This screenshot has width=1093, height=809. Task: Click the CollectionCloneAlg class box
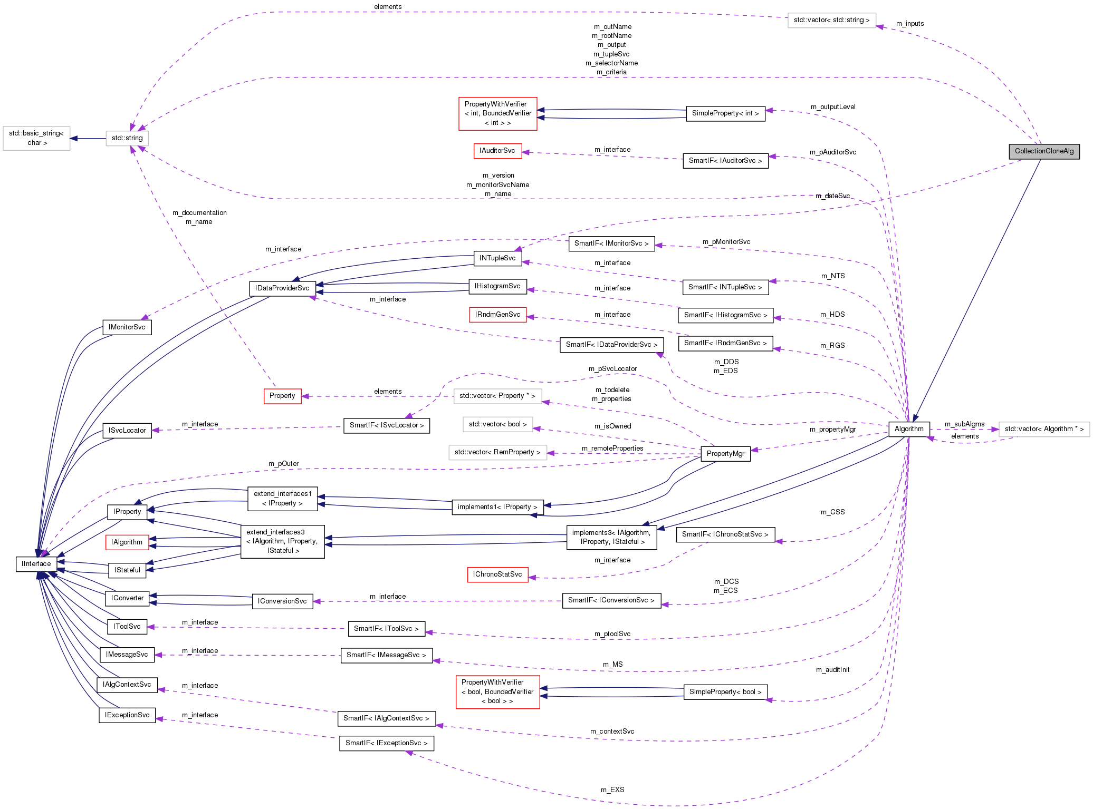click(1044, 151)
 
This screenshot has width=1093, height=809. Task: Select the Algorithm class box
click(909, 429)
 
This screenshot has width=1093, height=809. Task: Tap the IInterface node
click(36, 564)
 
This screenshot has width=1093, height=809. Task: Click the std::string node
click(127, 138)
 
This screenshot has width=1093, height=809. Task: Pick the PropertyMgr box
click(725, 454)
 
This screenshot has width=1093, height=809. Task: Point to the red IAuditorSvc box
click(497, 151)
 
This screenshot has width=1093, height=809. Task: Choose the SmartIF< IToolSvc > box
click(386, 629)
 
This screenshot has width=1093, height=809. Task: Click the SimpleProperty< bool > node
click(725, 692)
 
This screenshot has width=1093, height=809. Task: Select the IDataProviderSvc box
click(282, 288)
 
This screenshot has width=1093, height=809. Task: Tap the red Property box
click(282, 396)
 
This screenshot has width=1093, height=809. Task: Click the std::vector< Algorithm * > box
click(1044, 429)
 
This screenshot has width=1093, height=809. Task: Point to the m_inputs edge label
click(910, 24)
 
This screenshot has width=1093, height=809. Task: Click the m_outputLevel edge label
click(833, 107)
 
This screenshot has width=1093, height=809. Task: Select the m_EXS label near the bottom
click(612, 790)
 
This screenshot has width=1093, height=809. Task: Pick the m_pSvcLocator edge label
click(612, 369)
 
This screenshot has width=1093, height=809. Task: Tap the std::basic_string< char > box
click(36, 138)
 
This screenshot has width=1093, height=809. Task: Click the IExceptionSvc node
click(127, 715)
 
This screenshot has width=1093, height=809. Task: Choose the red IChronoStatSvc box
click(497, 574)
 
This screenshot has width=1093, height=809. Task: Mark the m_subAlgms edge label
click(964, 424)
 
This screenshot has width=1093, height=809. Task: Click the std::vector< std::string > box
click(831, 21)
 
